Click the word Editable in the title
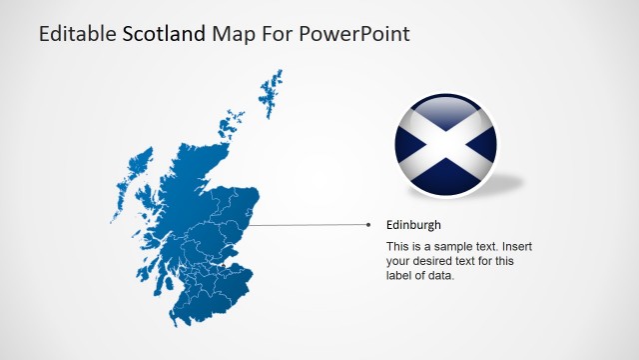[x=77, y=34]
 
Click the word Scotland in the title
[x=164, y=34]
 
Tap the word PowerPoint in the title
[x=354, y=34]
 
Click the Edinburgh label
[x=413, y=225]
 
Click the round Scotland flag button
[x=446, y=145]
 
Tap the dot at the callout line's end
[x=368, y=225]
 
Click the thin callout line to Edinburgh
[x=310, y=225]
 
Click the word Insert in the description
[x=515, y=246]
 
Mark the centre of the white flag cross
[x=446, y=145]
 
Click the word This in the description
[x=397, y=246]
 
